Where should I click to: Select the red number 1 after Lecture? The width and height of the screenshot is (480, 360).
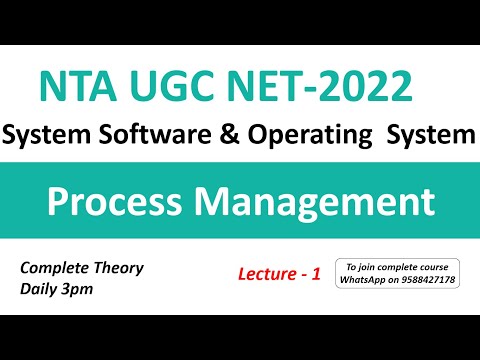[315, 273]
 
